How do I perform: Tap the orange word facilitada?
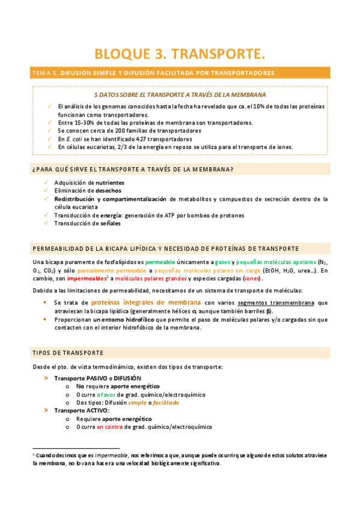click(166, 402)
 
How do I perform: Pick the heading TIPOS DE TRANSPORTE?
click(68, 352)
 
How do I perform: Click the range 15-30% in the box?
click(81, 122)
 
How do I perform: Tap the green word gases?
click(224, 262)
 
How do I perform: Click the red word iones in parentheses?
click(251, 278)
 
